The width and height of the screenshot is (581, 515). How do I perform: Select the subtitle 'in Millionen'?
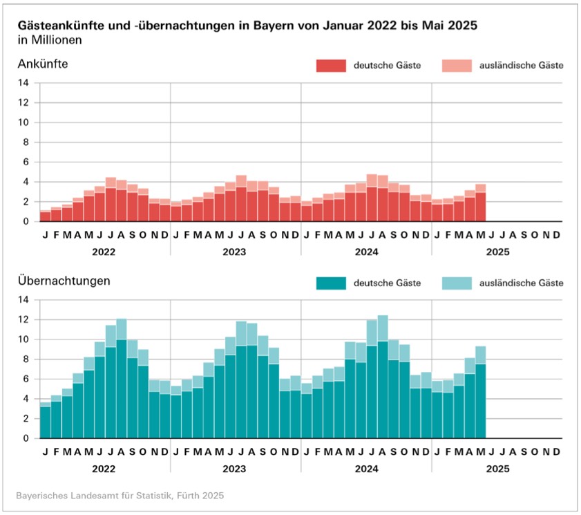coord(50,40)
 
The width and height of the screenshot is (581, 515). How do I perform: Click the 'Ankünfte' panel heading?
coord(44,65)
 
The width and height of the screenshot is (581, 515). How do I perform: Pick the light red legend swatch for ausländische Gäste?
coord(456,66)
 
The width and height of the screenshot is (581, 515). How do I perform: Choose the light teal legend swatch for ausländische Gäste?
coord(456,283)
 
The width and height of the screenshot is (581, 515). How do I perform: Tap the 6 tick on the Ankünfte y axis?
coord(26,162)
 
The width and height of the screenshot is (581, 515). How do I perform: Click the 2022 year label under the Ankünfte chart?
coord(105,252)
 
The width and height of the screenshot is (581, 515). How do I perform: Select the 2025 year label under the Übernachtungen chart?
coord(497,469)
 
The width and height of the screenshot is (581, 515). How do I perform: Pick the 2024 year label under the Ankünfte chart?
coord(366,252)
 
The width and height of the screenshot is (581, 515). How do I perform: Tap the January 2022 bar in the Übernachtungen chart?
coord(45,422)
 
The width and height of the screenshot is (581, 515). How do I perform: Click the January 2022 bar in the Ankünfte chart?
coord(45,216)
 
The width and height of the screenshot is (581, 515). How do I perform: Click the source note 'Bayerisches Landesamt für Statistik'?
coord(120,496)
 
